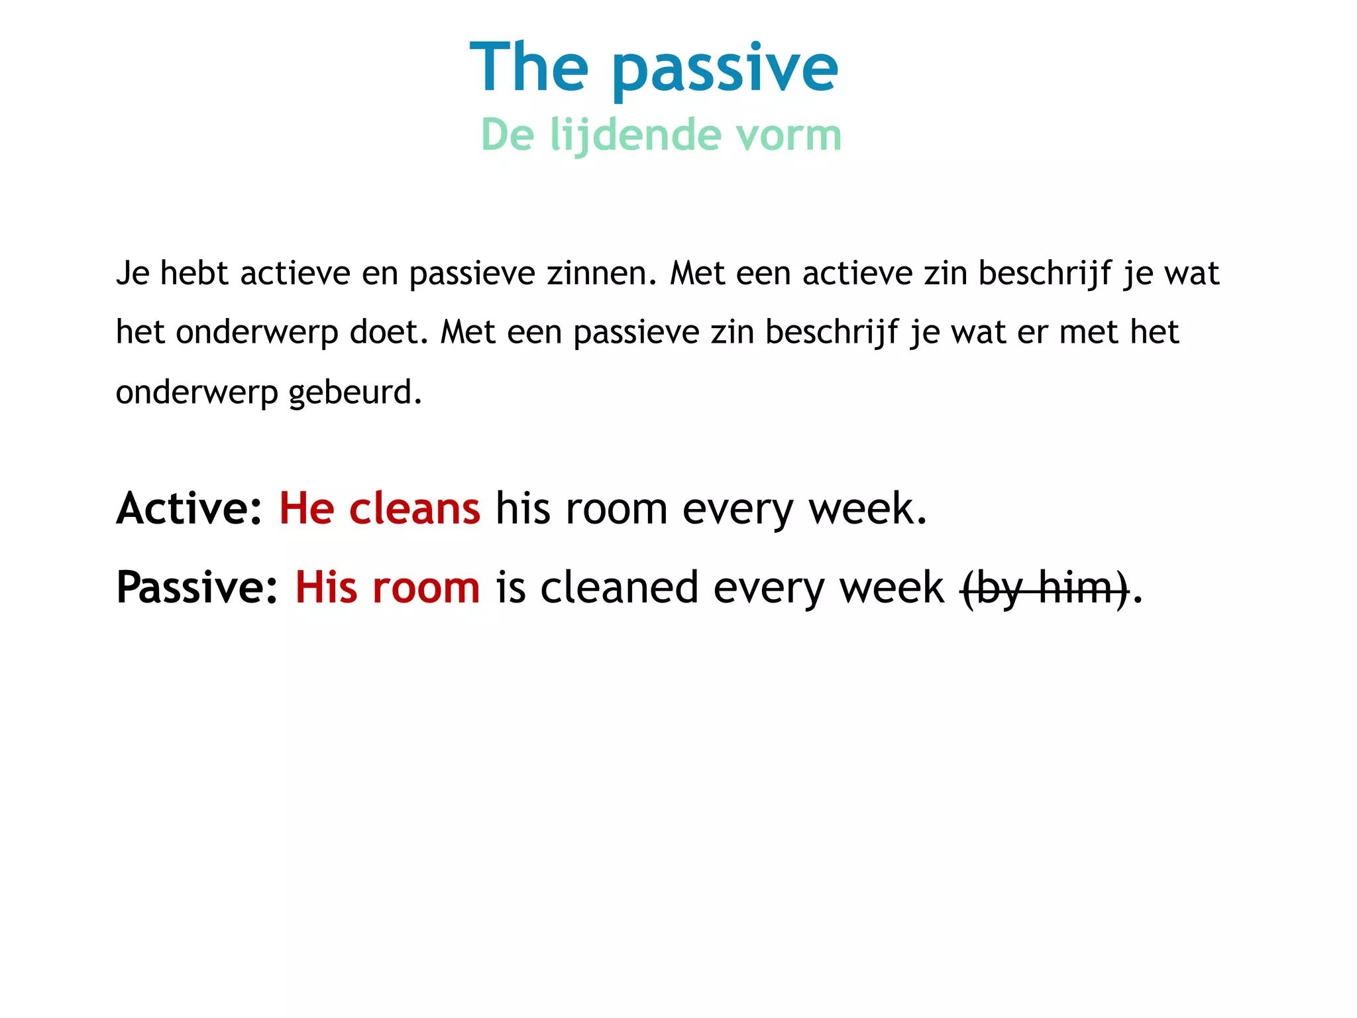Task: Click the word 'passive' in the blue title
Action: pyautogui.click(x=725, y=68)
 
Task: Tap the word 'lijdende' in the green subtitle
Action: pyautogui.click(x=635, y=135)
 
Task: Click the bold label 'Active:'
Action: pyautogui.click(x=190, y=508)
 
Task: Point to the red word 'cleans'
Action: pyautogui.click(x=414, y=508)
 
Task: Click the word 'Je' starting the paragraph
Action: pyautogui.click(x=133, y=273)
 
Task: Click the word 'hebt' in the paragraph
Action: pyautogui.click(x=194, y=273)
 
